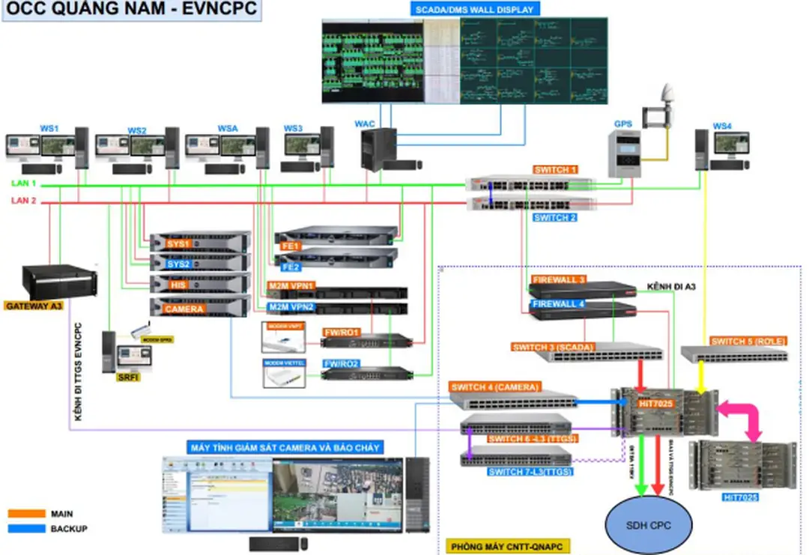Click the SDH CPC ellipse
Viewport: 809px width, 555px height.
pyautogui.click(x=649, y=525)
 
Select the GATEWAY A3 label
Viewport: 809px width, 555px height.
pyautogui.click(x=34, y=306)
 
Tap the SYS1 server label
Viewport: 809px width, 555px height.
pyautogui.click(x=178, y=244)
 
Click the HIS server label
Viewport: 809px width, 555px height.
pyautogui.click(x=178, y=285)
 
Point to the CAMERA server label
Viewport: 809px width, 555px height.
pyautogui.click(x=184, y=308)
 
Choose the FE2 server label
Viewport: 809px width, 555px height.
pyautogui.click(x=290, y=267)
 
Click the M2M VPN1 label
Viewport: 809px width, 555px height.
pyautogui.click(x=291, y=286)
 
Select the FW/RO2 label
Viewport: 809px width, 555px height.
pyautogui.click(x=341, y=364)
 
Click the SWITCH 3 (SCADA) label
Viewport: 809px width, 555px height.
pyautogui.click(x=555, y=348)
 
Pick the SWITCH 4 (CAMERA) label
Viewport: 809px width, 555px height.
pyautogui.click(x=494, y=387)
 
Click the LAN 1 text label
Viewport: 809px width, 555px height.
pyautogui.click(x=23, y=184)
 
